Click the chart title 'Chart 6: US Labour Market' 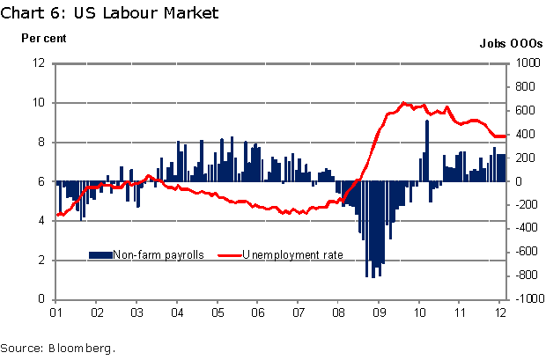(110, 13)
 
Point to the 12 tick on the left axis (41, 63)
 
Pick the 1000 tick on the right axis (526, 63)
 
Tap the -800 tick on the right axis (526, 276)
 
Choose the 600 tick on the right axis (526, 111)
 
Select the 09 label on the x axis (378, 311)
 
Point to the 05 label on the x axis (217, 311)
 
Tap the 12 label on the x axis (498, 311)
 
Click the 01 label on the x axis (55, 311)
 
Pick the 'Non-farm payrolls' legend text (159, 254)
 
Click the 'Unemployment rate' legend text (292, 254)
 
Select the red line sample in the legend (226, 254)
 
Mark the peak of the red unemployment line (404, 103)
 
